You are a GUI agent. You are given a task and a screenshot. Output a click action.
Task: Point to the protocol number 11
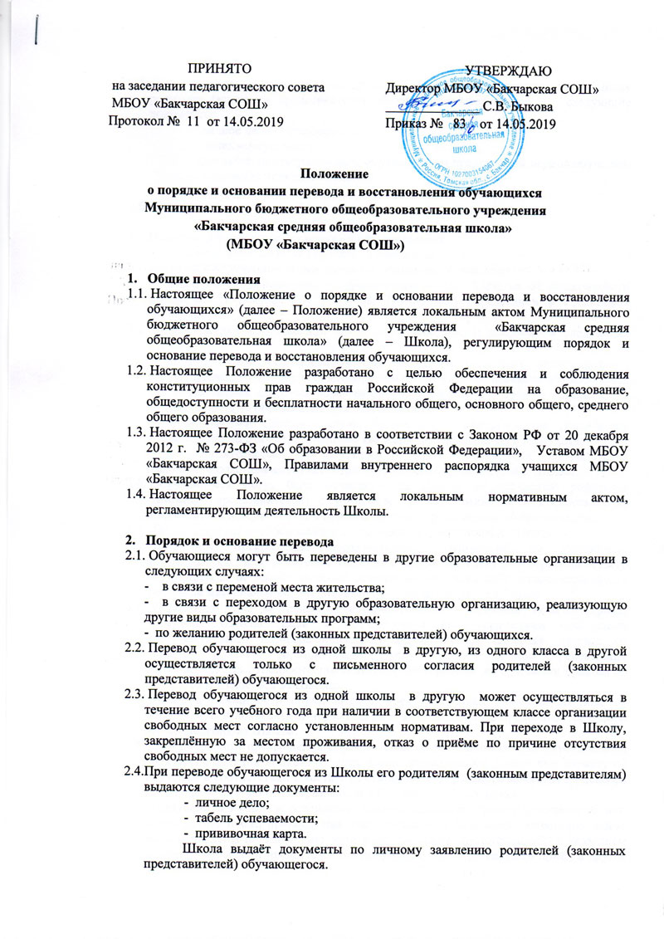pyautogui.click(x=189, y=121)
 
